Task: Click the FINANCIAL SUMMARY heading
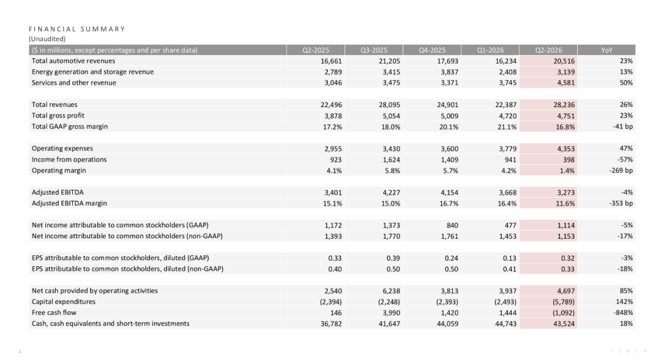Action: coord(77,29)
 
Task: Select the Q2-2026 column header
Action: coord(548,50)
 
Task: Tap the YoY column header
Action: coord(607,50)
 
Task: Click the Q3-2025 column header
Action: coord(374,50)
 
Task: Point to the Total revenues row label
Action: coord(54,105)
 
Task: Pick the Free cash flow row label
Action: coord(54,313)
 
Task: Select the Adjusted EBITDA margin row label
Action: coord(69,203)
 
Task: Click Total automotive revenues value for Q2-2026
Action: coord(564,61)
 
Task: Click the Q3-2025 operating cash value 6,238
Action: coord(389,291)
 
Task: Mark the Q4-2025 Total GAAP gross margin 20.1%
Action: coord(449,127)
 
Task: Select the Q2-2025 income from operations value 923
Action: coord(335,160)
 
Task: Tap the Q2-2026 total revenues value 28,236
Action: coord(564,105)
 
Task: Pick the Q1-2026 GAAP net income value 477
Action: coord(510,225)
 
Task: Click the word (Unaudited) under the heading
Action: coord(47,39)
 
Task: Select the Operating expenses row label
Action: coord(62,148)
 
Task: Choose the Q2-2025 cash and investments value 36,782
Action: coord(331,324)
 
